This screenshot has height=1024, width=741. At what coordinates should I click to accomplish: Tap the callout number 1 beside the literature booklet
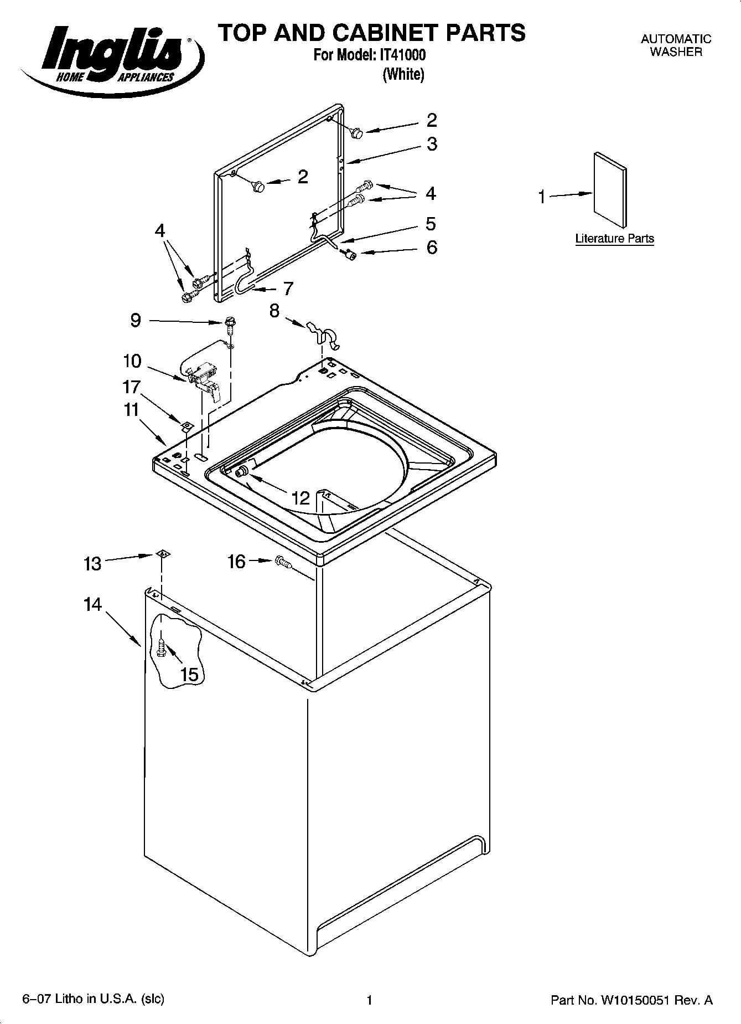tap(542, 197)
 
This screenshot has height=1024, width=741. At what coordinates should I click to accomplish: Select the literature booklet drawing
tap(610, 190)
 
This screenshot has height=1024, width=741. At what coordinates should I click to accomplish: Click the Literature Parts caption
tap(614, 239)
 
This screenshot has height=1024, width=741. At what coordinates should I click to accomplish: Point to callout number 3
tap(432, 144)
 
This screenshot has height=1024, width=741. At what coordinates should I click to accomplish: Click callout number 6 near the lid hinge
tap(432, 247)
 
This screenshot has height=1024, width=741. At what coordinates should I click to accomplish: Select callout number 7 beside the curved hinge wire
tap(288, 289)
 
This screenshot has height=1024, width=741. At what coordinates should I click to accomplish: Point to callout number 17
tap(131, 387)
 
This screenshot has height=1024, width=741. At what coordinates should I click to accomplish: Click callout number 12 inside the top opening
tap(300, 498)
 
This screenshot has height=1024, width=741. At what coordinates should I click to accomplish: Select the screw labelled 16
tap(283, 562)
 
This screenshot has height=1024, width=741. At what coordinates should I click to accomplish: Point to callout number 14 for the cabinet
tap(93, 604)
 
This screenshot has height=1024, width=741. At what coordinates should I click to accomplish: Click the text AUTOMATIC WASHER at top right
tap(676, 45)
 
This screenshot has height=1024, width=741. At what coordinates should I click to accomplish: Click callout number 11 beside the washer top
tap(131, 410)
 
